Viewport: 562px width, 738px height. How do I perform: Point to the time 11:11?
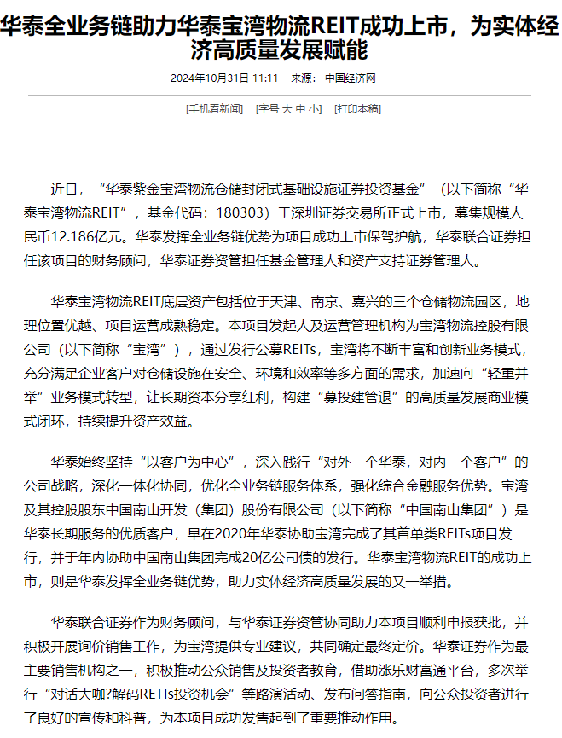[x=265, y=78]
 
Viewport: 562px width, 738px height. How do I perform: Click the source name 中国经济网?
[x=351, y=78]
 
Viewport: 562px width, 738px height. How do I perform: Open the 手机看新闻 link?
[x=215, y=109]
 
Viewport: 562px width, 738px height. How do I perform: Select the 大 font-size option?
[x=287, y=109]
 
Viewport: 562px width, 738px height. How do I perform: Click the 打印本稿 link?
[x=357, y=109]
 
